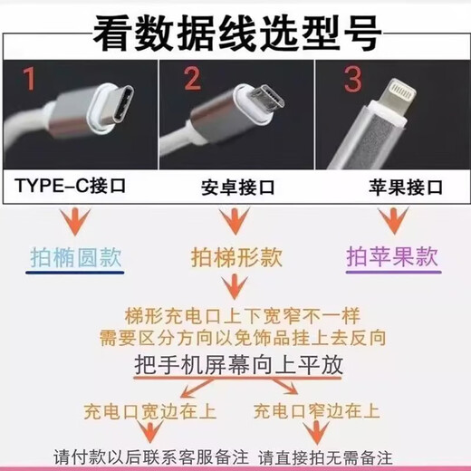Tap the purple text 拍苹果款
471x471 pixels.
pos(393,256)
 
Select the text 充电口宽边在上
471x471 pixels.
pos(149,412)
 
